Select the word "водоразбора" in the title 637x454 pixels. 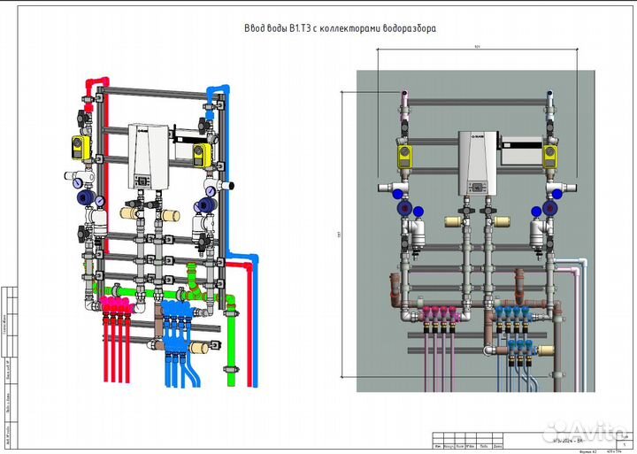(x=409, y=28)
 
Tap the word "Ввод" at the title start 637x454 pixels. (x=254, y=28)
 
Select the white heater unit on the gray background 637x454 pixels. (x=476, y=164)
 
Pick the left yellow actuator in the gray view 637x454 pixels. (x=406, y=158)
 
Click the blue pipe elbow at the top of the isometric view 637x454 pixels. (x=216, y=91)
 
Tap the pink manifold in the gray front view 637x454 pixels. (x=441, y=312)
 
